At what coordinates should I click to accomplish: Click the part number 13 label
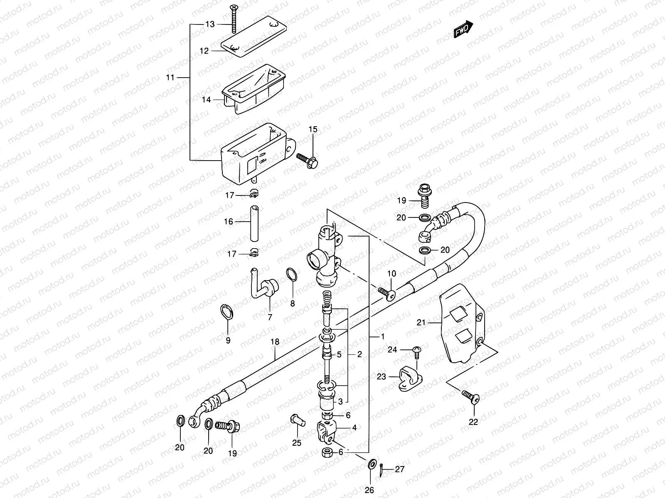click(x=210, y=24)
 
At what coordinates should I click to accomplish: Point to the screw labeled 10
click(x=387, y=293)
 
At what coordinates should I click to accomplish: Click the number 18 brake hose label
click(x=275, y=342)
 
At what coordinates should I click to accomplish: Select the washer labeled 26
click(x=372, y=464)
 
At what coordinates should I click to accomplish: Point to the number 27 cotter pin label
click(x=399, y=470)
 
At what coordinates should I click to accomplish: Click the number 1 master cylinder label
click(x=382, y=337)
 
